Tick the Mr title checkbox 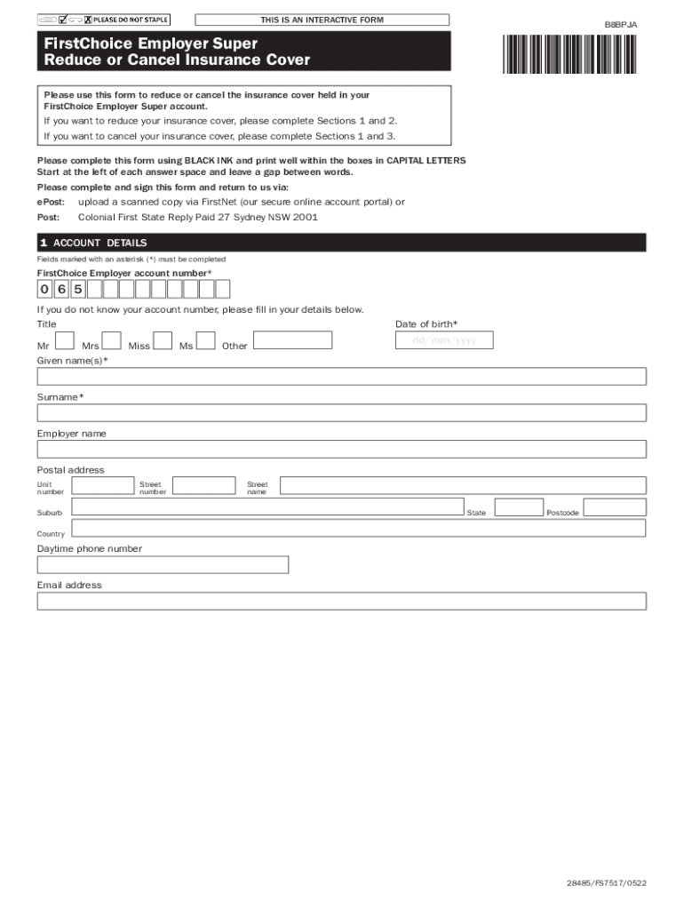tap(64, 340)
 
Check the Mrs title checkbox tap(112, 340)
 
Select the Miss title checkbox tap(163, 340)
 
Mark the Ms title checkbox tap(205, 340)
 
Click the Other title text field tap(292, 340)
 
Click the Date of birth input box tap(444, 340)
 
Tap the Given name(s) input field tap(341, 376)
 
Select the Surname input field tap(341, 412)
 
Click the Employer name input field tap(341, 449)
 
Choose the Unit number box tap(102, 485)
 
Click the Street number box tap(203, 485)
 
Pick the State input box tap(519, 507)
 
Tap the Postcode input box tap(615, 507)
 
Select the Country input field tap(358, 529)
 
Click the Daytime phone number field tap(163, 565)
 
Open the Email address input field tap(341, 602)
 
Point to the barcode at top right tap(570, 52)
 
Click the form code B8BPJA tap(621, 25)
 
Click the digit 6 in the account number tap(61, 289)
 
